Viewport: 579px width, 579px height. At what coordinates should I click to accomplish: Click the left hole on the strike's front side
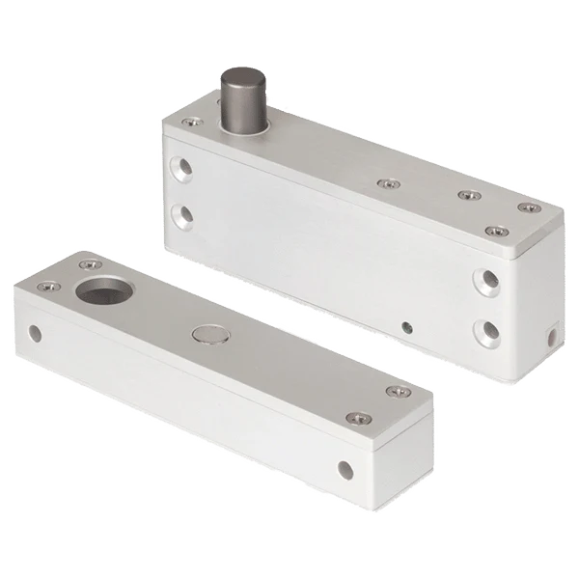tap(37, 334)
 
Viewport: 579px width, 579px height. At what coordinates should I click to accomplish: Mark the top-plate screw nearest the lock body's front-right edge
tap(493, 232)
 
